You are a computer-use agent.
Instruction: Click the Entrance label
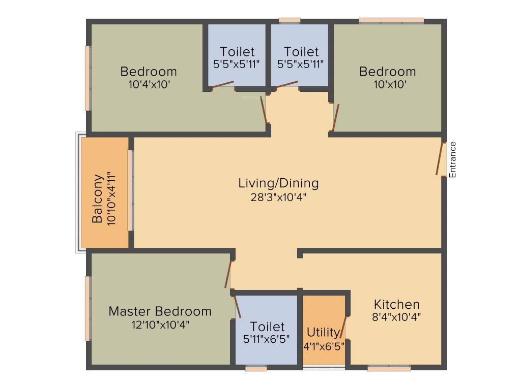click(x=453, y=159)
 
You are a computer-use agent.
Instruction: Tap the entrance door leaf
click(x=440, y=159)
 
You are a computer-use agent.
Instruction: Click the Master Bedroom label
click(x=160, y=311)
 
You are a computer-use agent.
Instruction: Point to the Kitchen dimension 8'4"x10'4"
click(x=396, y=317)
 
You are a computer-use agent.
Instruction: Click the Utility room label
click(x=323, y=333)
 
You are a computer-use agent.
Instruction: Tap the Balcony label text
click(x=98, y=199)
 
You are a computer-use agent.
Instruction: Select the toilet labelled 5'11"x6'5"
click(x=267, y=332)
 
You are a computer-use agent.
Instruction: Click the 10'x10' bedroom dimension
click(x=387, y=84)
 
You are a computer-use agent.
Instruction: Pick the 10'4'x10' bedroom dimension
click(x=149, y=84)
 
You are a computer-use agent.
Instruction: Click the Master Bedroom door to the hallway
click(x=228, y=274)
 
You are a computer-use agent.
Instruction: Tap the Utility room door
click(x=344, y=327)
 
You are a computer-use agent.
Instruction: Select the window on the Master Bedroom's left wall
click(x=88, y=308)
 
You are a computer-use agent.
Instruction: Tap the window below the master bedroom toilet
click(x=256, y=369)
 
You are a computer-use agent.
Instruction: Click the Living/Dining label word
click(x=278, y=183)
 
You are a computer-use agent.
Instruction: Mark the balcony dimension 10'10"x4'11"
click(x=112, y=199)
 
